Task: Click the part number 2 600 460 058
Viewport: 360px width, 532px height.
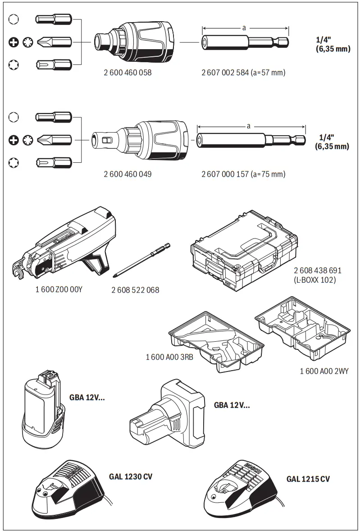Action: coord(128,72)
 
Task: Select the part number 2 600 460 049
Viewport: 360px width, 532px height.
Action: coord(128,174)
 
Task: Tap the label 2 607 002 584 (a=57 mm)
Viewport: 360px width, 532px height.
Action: coord(243,72)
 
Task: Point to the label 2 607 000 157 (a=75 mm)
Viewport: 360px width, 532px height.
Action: coord(243,174)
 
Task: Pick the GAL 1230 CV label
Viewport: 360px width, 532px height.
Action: coord(131,476)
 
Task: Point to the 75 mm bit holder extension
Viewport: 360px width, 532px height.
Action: coord(251,139)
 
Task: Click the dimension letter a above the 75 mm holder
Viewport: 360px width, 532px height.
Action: coord(248,126)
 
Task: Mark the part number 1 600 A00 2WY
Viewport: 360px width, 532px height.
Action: coord(324,371)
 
